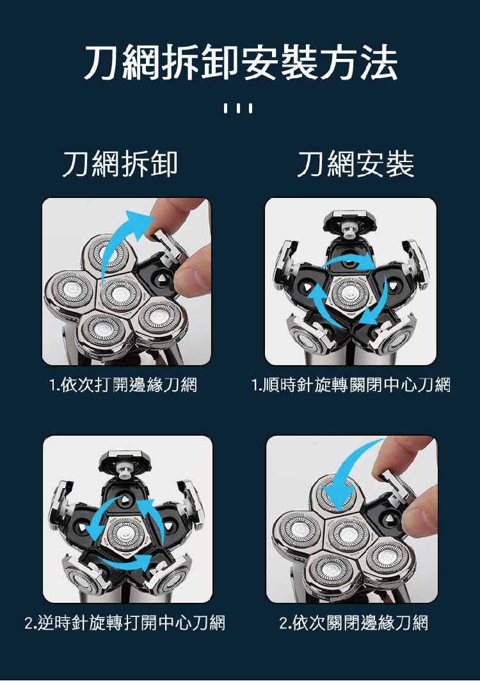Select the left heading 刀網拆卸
click(x=120, y=164)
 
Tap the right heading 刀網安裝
click(x=356, y=164)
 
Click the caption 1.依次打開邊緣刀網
click(x=123, y=385)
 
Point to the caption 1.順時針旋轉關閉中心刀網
click(x=351, y=385)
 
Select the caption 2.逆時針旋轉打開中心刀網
click(x=125, y=623)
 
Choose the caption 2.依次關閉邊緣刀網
click(x=354, y=623)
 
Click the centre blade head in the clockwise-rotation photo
click(x=350, y=293)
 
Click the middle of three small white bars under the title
click(x=238, y=108)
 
